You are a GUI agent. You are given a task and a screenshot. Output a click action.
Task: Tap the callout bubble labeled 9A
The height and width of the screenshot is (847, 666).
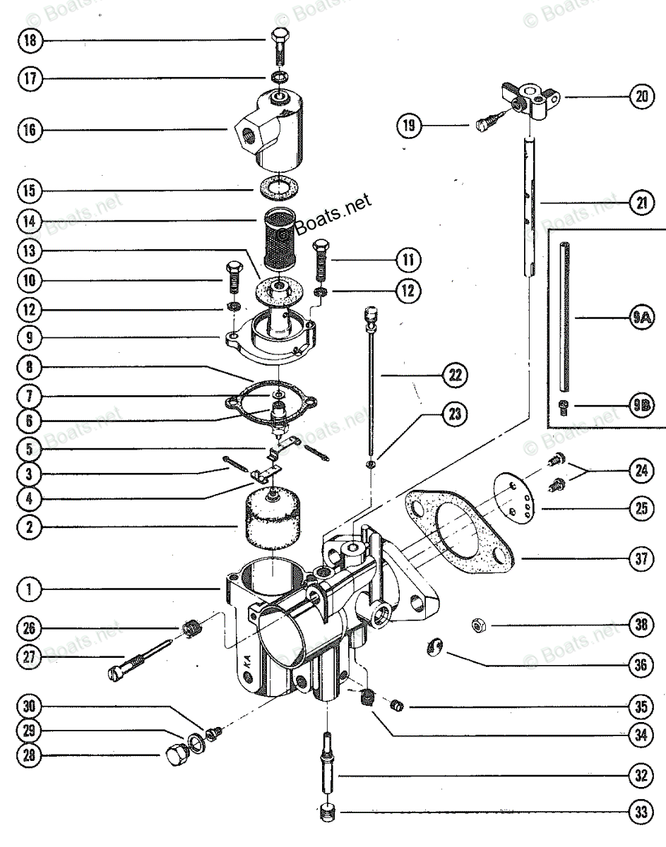click(640, 319)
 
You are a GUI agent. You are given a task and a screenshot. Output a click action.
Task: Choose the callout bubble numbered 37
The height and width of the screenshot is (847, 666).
click(640, 560)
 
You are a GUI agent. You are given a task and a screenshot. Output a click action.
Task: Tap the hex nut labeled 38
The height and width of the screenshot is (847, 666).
click(478, 625)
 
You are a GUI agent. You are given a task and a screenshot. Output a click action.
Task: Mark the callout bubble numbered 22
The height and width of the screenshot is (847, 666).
click(453, 376)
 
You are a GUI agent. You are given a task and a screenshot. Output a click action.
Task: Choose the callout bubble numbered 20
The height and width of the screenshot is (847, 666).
click(640, 98)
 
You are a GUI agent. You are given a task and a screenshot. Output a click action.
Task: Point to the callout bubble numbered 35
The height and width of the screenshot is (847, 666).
click(640, 705)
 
